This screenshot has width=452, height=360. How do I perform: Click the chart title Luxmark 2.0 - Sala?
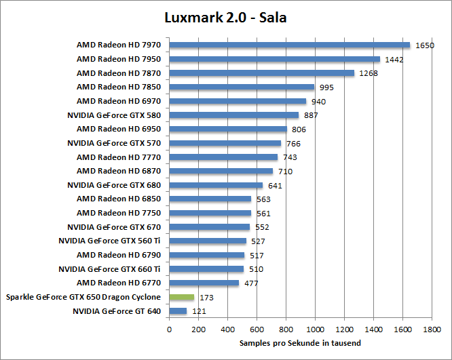pos(225,17)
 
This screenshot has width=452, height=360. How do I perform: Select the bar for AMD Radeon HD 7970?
pos(290,45)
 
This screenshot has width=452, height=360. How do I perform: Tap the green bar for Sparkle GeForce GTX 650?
pos(181,297)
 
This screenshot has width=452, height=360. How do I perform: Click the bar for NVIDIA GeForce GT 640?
pos(178,311)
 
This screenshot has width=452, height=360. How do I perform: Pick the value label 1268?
pos(369,73)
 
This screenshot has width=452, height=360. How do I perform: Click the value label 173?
pos(206,298)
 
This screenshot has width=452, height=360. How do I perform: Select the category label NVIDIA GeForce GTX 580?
pos(114,115)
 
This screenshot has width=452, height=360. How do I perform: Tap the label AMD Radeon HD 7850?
pos(119,87)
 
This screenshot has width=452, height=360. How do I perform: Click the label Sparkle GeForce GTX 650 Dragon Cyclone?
pos(83,297)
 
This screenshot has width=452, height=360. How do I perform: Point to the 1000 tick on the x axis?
pos(315,330)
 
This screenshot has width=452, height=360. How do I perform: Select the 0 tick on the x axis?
pos(169,330)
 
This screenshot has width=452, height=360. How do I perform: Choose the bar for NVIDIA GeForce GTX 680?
pos(216,185)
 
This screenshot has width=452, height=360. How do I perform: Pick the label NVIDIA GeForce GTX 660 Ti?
pos(109,269)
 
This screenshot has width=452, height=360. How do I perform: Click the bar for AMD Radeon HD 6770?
pos(204,283)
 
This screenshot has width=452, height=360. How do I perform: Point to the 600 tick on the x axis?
pos(257,330)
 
